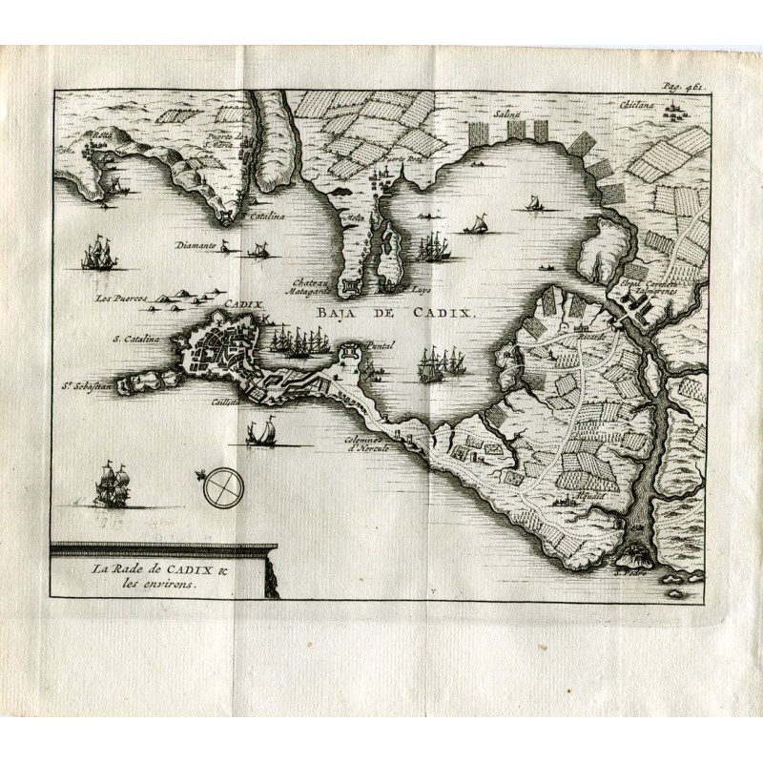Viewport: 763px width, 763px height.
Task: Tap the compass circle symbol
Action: [221, 487]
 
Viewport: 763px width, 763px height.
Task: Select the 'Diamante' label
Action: [196, 243]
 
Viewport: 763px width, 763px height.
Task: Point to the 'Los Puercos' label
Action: [119, 299]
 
